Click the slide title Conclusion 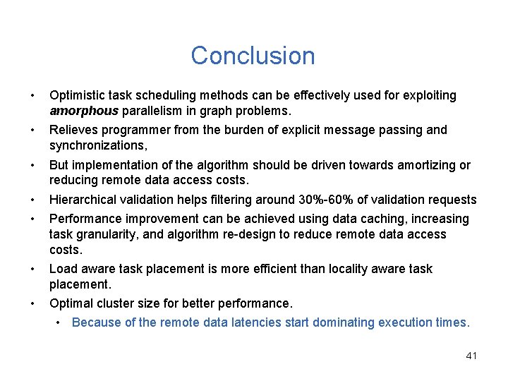click(x=253, y=56)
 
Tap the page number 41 click(x=471, y=356)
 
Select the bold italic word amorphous click(x=84, y=111)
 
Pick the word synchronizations click(x=97, y=145)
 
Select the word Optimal click(x=71, y=303)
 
